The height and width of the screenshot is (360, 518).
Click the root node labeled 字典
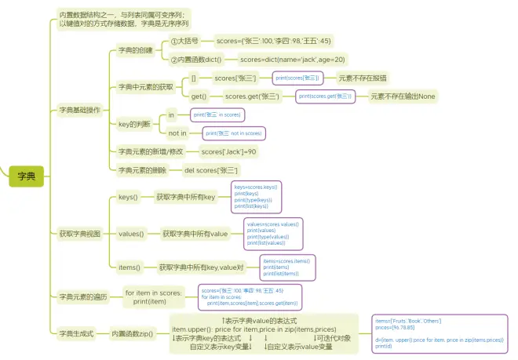pyautogui.click(x=27, y=177)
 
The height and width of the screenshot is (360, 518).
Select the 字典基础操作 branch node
pyautogui.click(x=80, y=110)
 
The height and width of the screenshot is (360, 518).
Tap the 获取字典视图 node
pyautogui.click(x=80, y=234)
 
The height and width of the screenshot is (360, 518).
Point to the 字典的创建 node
pyautogui.click(x=136, y=50)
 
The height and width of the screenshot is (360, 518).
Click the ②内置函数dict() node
pyautogui.click(x=195, y=60)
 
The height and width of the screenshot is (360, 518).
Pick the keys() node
pyautogui.click(x=127, y=197)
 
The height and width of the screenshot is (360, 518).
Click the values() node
pyautogui.click(x=130, y=234)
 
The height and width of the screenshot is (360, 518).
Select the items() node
pyautogui.click(x=129, y=267)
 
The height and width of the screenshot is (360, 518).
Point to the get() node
pyautogui.click(x=199, y=96)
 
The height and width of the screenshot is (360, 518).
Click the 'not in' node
pyautogui.click(x=178, y=133)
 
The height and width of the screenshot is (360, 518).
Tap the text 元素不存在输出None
pyautogui.click(x=403, y=96)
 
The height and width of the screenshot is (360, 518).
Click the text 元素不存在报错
pyautogui.click(x=362, y=78)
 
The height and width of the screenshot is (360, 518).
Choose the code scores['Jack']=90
pyautogui.click(x=228, y=151)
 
